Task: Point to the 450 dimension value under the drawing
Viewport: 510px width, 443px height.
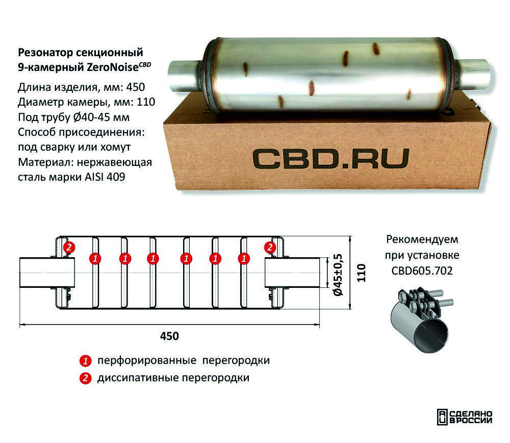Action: tap(169, 336)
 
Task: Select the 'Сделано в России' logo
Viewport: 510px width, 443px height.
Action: tap(465, 417)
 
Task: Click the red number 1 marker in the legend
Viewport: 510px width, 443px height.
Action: tap(85, 361)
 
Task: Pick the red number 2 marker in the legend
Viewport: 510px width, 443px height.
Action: tap(85, 378)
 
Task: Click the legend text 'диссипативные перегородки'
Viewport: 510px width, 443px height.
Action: tap(173, 378)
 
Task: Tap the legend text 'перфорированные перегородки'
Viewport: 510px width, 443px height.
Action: tap(183, 361)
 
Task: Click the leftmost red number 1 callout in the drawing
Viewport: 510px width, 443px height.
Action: tap(94, 259)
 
